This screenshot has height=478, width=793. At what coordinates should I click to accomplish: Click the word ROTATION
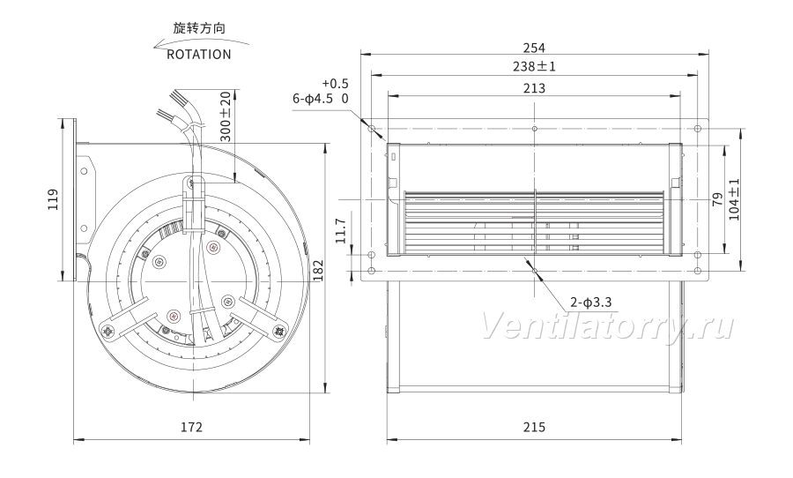(199, 54)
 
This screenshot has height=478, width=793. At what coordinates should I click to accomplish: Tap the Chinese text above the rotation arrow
(199, 28)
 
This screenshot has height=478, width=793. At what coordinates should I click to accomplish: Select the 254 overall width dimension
(534, 48)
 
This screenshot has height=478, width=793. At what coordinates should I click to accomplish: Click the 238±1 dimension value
(534, 66)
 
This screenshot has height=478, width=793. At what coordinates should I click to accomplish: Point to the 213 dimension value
(534, 88)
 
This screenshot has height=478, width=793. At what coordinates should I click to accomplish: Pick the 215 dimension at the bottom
(534, 428)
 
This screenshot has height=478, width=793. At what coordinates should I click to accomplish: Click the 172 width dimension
(192, 428)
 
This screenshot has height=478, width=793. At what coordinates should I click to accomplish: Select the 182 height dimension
(317, 270)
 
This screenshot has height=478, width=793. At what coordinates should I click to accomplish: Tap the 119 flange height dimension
(53, 199)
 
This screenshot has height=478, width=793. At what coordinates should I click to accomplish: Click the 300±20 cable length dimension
(226, 116)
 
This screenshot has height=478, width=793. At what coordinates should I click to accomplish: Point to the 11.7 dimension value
(341, 231)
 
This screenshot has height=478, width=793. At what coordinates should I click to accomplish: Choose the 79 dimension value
(717, 199)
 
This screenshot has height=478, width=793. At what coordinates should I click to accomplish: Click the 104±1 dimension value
(734, 199)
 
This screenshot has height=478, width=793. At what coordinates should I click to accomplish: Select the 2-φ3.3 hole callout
(591, 302)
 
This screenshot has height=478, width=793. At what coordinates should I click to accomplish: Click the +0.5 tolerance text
(336, 84)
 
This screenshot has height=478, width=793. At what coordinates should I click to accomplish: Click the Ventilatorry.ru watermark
(606, 326)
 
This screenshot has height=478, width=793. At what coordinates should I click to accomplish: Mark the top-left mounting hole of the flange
(372, 128)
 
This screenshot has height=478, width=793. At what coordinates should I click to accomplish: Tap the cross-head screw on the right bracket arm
(278, 331)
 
